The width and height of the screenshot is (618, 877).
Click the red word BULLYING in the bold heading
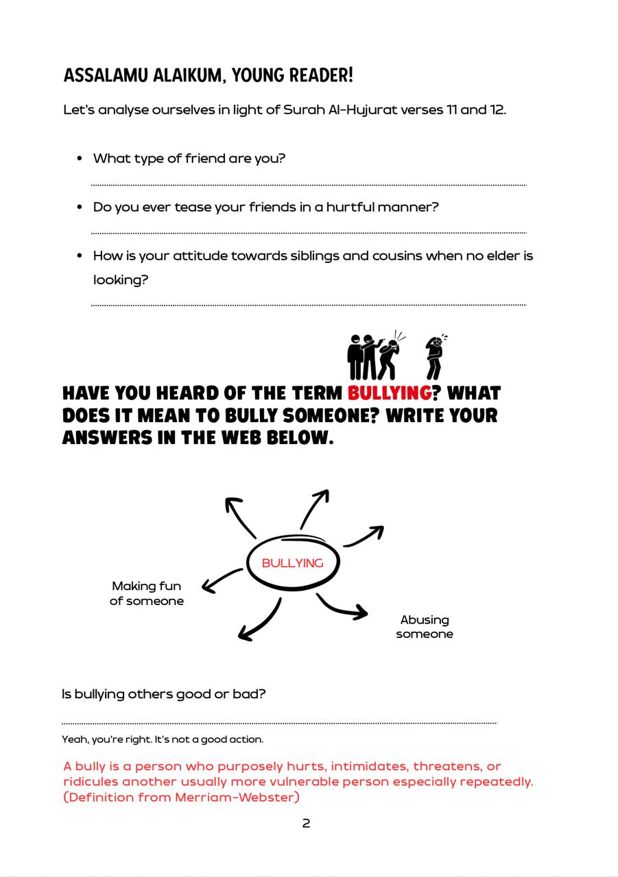(389, 393)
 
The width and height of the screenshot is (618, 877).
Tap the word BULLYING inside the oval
(292, 563)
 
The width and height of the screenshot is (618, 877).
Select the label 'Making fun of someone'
(147, 593)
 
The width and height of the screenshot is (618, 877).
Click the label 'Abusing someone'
(425, 627)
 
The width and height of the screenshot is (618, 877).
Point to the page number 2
(306, 824)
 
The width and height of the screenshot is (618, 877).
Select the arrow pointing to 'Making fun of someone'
(222, 580)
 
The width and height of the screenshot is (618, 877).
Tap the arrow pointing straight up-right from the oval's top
(315, 508)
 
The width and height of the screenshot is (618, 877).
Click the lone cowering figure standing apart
(435, 357)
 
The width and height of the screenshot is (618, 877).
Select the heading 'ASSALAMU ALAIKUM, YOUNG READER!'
(208, 75)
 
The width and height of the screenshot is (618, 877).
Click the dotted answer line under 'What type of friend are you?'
(309, 184)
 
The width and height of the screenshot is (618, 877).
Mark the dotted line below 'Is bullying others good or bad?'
(279, 722)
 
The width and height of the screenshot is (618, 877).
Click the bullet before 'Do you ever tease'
(80, 207)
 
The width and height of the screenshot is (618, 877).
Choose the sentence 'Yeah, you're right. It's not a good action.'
(163, 739)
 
